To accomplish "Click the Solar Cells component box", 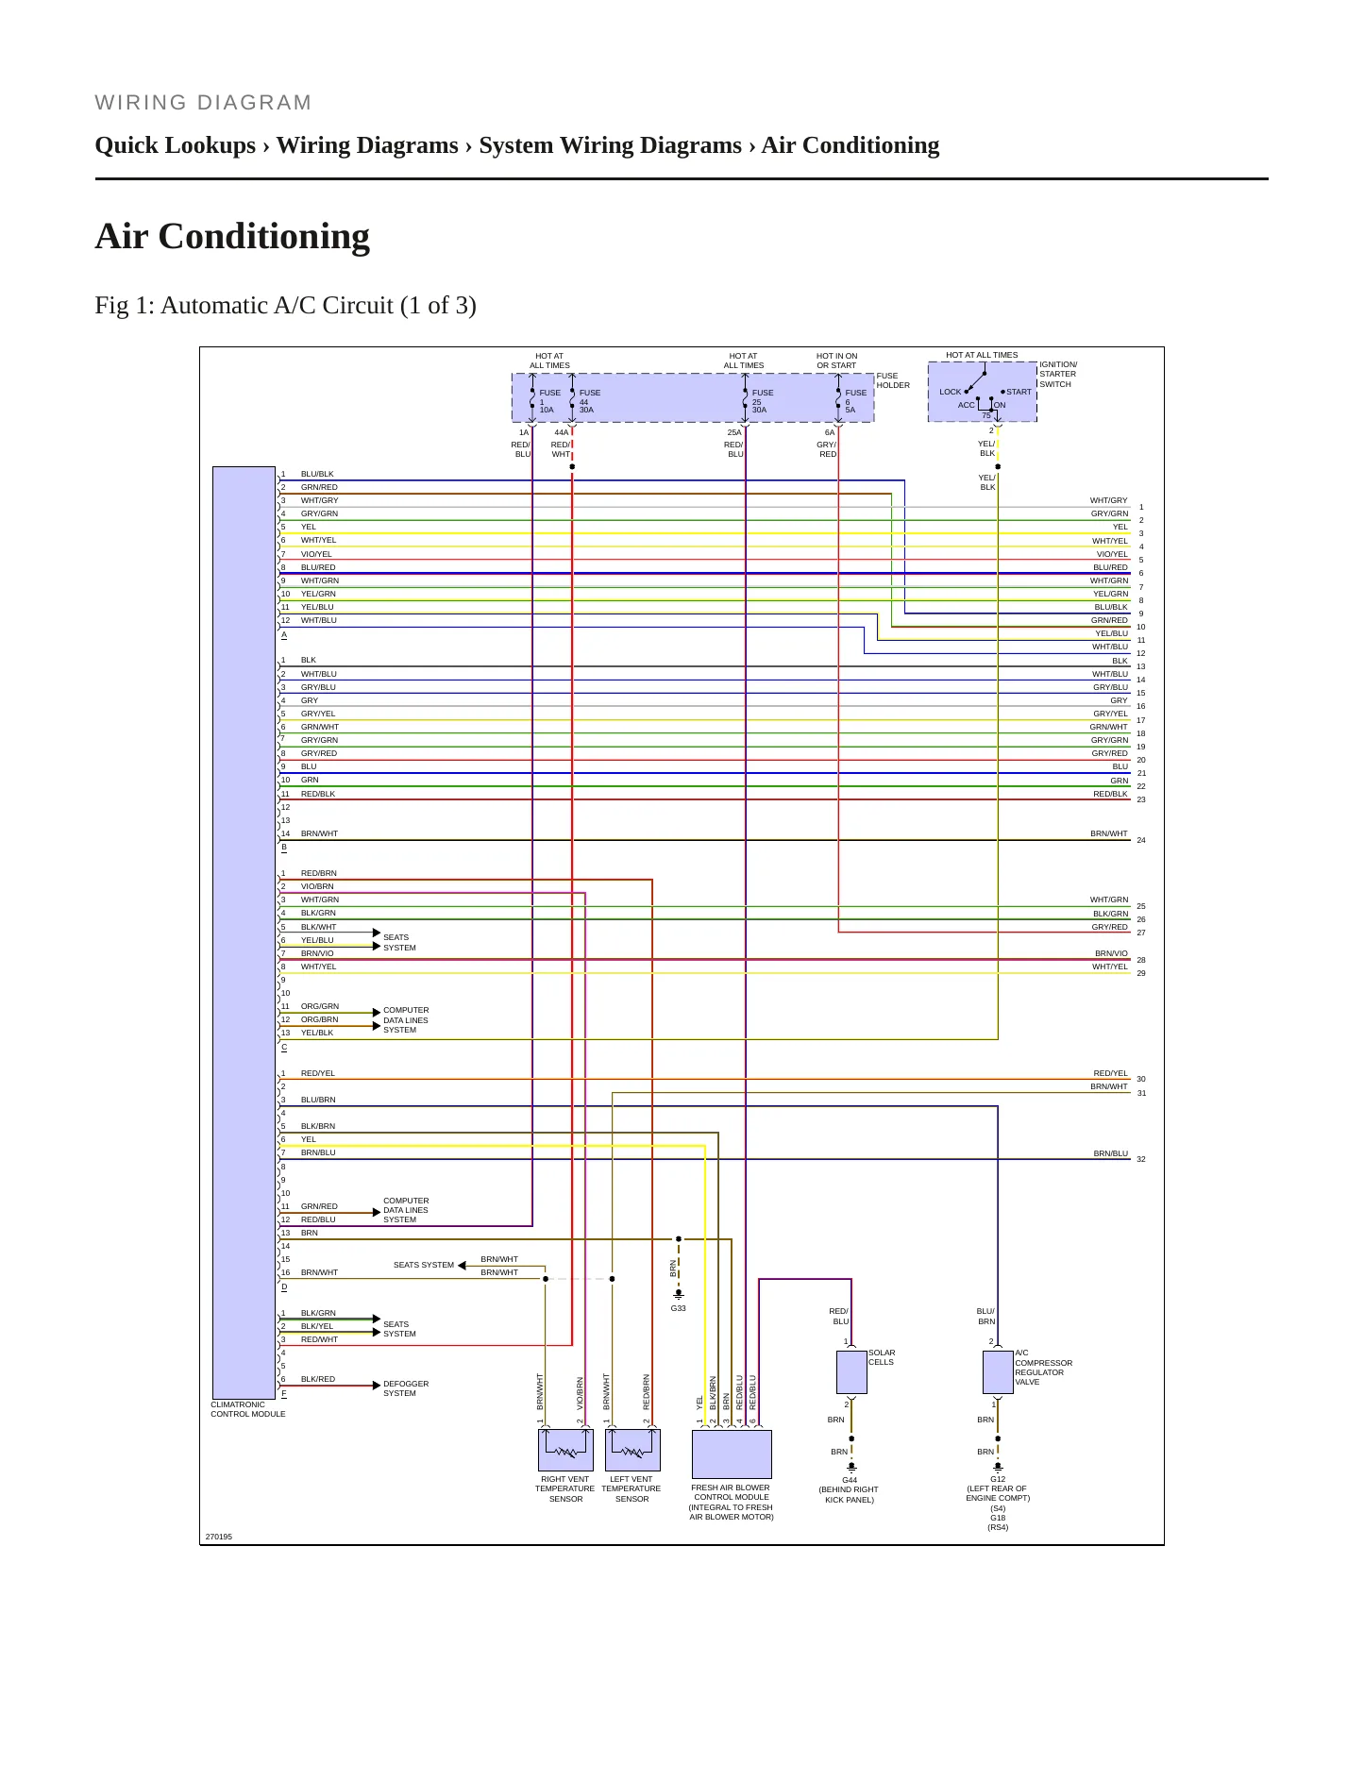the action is (x=851, y=1371).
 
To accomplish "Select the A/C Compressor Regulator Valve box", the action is (x=998, y=1371).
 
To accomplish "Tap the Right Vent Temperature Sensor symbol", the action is (x=565, y=1450).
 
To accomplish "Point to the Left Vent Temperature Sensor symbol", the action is (x=632, y=1450).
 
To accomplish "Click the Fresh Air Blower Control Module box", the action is (x=732, y=1454).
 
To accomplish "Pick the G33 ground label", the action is (x=678, y=1308).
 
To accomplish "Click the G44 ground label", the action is (x=850, y=1480).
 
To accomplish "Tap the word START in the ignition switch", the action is (x=1019, y=392).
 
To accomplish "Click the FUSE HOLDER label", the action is (x=893, y=380).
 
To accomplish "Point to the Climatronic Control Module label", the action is (x=247, y=1409).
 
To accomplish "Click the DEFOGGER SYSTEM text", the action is (x=406, y=1388).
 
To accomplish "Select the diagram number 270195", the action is (x=218, y=1537).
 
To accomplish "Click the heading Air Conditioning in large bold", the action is (x=232, y=236).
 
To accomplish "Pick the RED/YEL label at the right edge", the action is (x=1110, y=1073).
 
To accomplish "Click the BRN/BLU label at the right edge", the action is (x=1110, y=1153).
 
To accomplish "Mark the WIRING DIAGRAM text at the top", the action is (x=203, y=103).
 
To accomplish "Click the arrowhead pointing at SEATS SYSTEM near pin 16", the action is (x=462, y=1266).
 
